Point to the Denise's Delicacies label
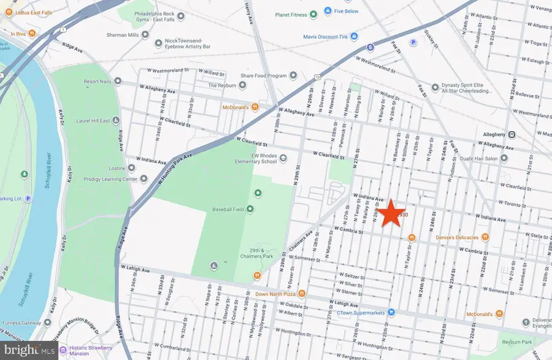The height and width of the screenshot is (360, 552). pos(454,237)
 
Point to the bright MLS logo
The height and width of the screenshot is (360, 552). pos(30,349)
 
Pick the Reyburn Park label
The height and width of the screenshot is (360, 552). pos(514,342)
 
